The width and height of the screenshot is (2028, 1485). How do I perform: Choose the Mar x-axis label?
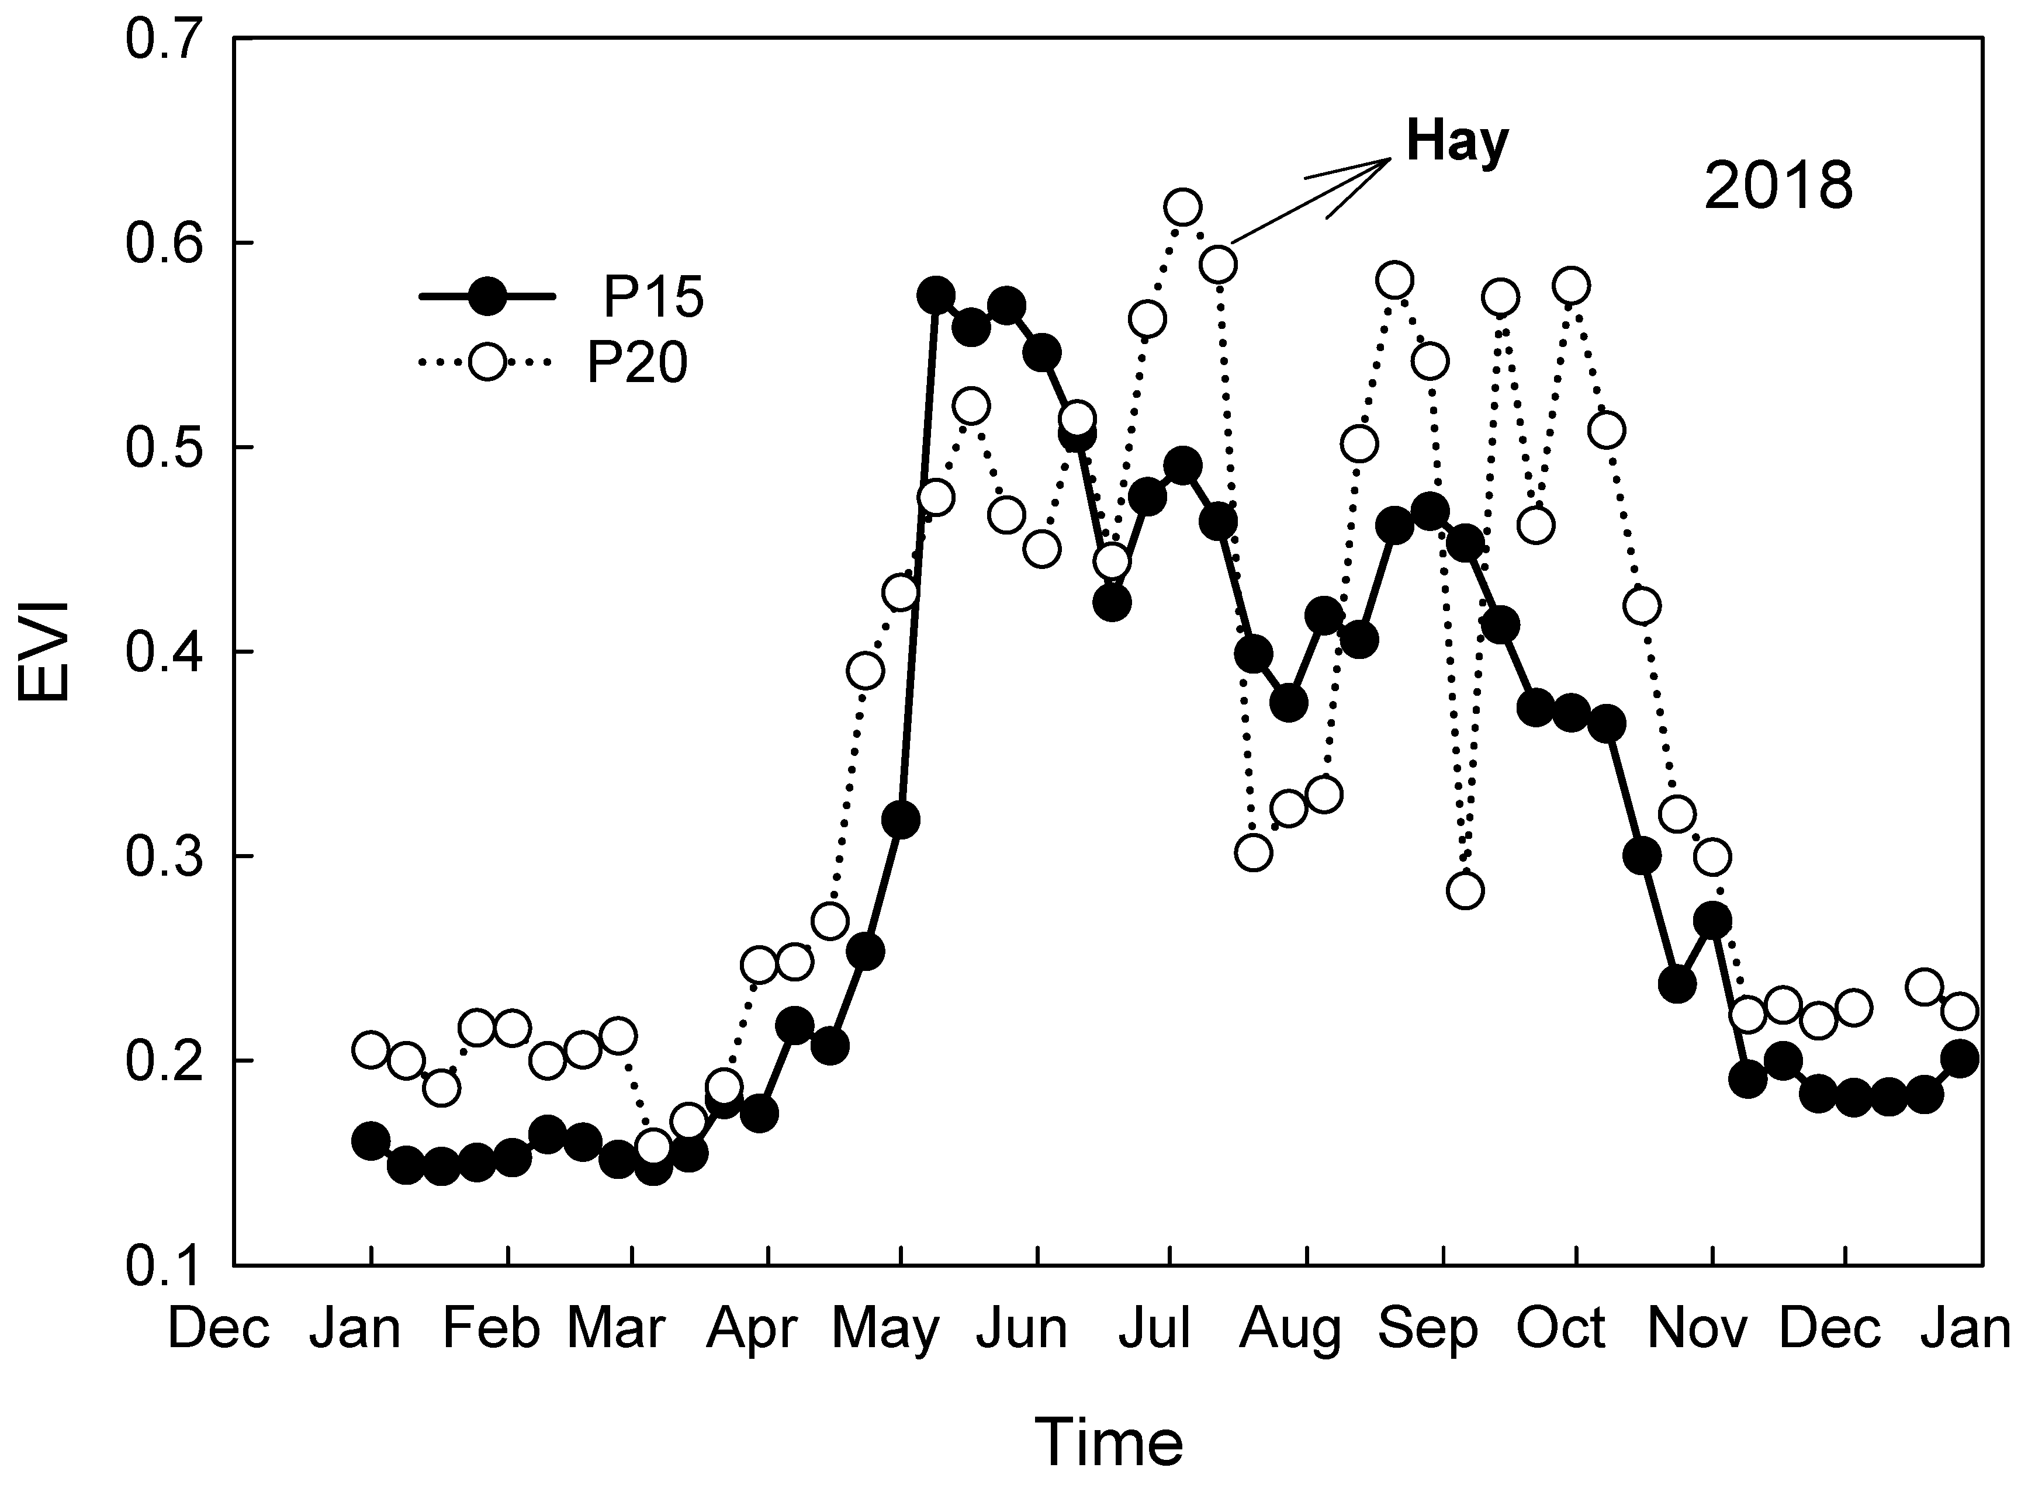pos(616,1328)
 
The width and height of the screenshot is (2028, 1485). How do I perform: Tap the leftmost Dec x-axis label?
pos(219,1328)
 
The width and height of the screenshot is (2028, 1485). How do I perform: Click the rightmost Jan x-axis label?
pos(1965,1328)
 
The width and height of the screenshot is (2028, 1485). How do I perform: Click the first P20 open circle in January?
pos(371,1050)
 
